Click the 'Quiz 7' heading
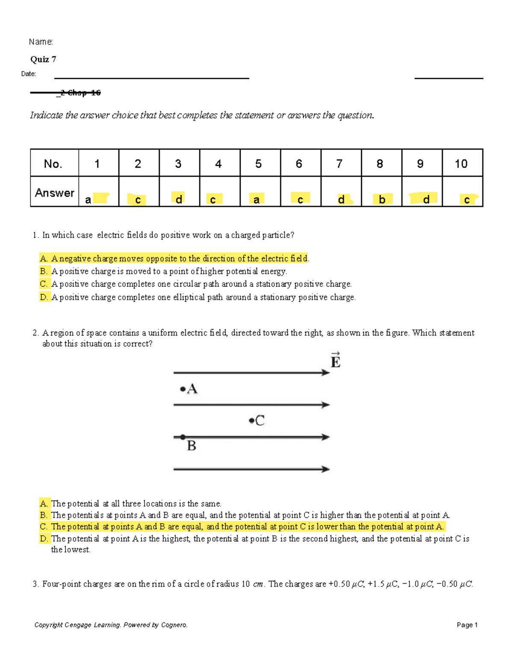(43, 59)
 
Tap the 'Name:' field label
(41, 42)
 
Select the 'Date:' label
(29, 74)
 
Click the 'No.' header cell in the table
(53, 164)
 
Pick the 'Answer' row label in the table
(55, 193)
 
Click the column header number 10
(461, 164)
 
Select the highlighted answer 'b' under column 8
(382, 200)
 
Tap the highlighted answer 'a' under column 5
(256, 200)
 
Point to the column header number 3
(178, 164)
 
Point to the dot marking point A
(183, 389)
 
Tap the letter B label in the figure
(192, 446)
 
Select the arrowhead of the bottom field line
(326, 469)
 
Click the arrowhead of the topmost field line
(326, 373)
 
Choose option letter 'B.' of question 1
(44, 271)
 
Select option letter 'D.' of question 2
(44, 539)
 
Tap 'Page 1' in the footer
(467, 625)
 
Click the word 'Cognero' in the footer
(174, 625)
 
